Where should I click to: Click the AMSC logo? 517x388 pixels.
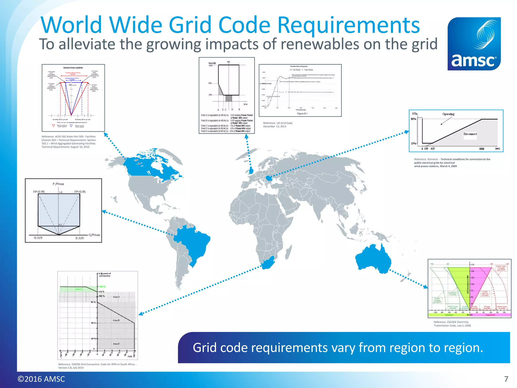(x=474, y=44)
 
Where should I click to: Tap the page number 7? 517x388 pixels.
(x=506, y=379)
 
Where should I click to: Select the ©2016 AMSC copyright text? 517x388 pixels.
(x=41, y=379)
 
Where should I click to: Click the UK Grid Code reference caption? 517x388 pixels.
(x=278, y=125)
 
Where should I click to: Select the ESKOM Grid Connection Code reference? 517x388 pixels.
(x=97, y=366)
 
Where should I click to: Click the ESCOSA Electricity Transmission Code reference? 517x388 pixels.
(x=452, y=324)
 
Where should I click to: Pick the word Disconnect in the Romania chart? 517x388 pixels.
(x=470, y=134)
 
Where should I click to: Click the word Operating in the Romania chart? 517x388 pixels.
(x=448, y=114)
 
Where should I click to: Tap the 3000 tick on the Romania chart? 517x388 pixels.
(x=481, y=149)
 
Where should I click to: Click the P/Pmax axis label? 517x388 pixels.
(x=58, y=184)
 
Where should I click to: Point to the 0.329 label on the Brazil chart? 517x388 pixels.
(x=80, y=238)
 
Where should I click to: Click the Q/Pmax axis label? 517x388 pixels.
(x=94, y=235)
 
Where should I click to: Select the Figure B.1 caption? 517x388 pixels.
(x=302, y=114)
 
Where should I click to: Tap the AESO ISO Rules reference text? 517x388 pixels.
(x=69, y=142)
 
